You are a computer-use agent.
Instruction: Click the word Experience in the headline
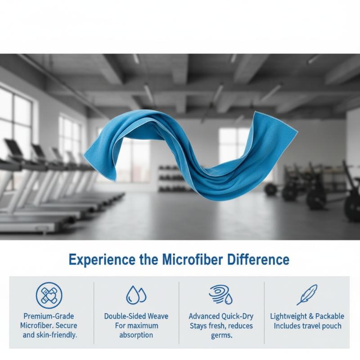click(102, 260)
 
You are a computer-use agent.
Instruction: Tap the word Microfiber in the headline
click(193, 259)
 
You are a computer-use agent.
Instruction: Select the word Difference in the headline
click(258, 259)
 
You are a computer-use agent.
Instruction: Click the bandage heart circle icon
click(49, 295)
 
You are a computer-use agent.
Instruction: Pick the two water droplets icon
click(136, 295)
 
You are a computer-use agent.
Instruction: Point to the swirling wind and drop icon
click(220, 295)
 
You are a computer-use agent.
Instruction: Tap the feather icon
click(307, 295)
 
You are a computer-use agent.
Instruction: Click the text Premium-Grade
click(49, 316)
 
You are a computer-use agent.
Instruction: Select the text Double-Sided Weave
click(136, 316)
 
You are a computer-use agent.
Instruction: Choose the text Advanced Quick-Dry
click(221, 316)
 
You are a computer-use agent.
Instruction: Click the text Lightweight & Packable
click(307, 316)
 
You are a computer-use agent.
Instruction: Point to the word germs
click(222, 336)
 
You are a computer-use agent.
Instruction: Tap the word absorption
click(136, 335)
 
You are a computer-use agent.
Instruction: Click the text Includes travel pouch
click(307, 326)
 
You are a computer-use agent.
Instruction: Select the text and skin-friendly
click(50, 335)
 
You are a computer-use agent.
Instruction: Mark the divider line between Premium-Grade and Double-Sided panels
click(94, 313)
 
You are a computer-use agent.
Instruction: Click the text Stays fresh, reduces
click(221, 326)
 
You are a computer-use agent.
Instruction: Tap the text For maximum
click(137, 326)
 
